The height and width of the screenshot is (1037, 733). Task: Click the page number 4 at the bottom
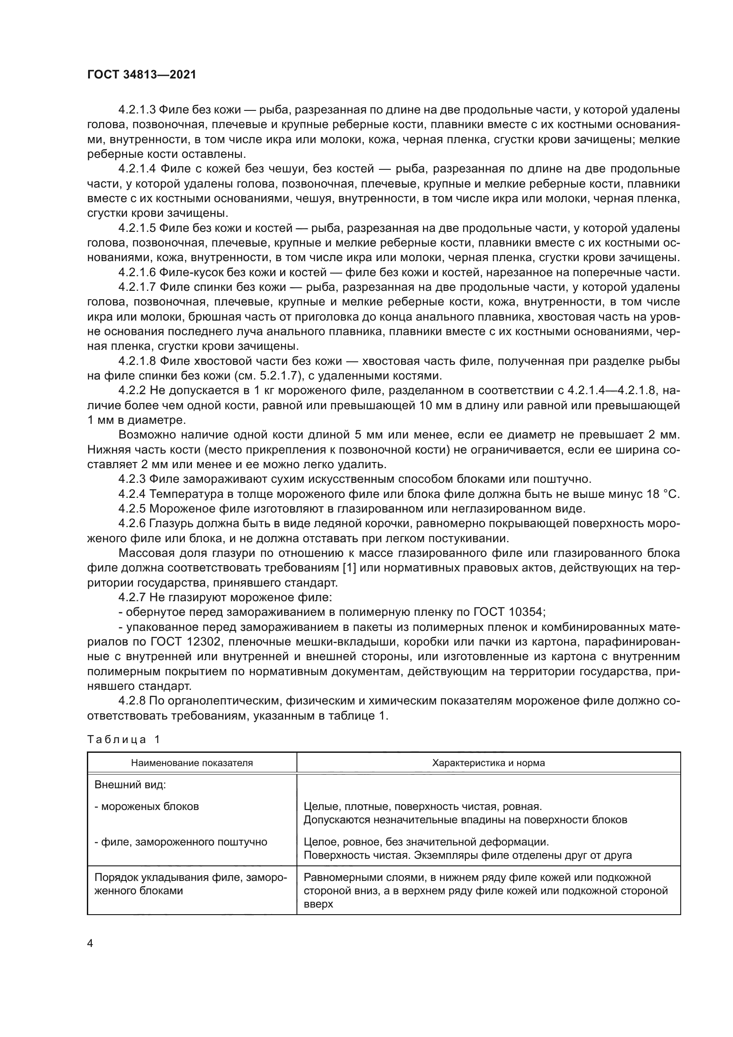click(x=90, y=943)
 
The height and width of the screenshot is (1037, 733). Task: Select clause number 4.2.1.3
click(x=137, y=110)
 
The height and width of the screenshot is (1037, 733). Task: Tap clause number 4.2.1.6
click(x=137, y=272)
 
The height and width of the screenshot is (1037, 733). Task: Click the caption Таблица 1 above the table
click(x=123, y=740)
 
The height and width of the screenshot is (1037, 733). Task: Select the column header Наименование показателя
click(x=192, y=763)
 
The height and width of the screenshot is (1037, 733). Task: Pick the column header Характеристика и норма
click(x=488, y=763)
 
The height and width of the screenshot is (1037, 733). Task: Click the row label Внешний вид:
click(x=130, y=785)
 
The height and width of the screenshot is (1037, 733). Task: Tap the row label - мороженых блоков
click(x=147, y=806)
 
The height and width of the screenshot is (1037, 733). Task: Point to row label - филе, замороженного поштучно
click(x=180, y=842)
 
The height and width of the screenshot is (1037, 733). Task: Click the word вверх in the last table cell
click(x=318, y=904)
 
